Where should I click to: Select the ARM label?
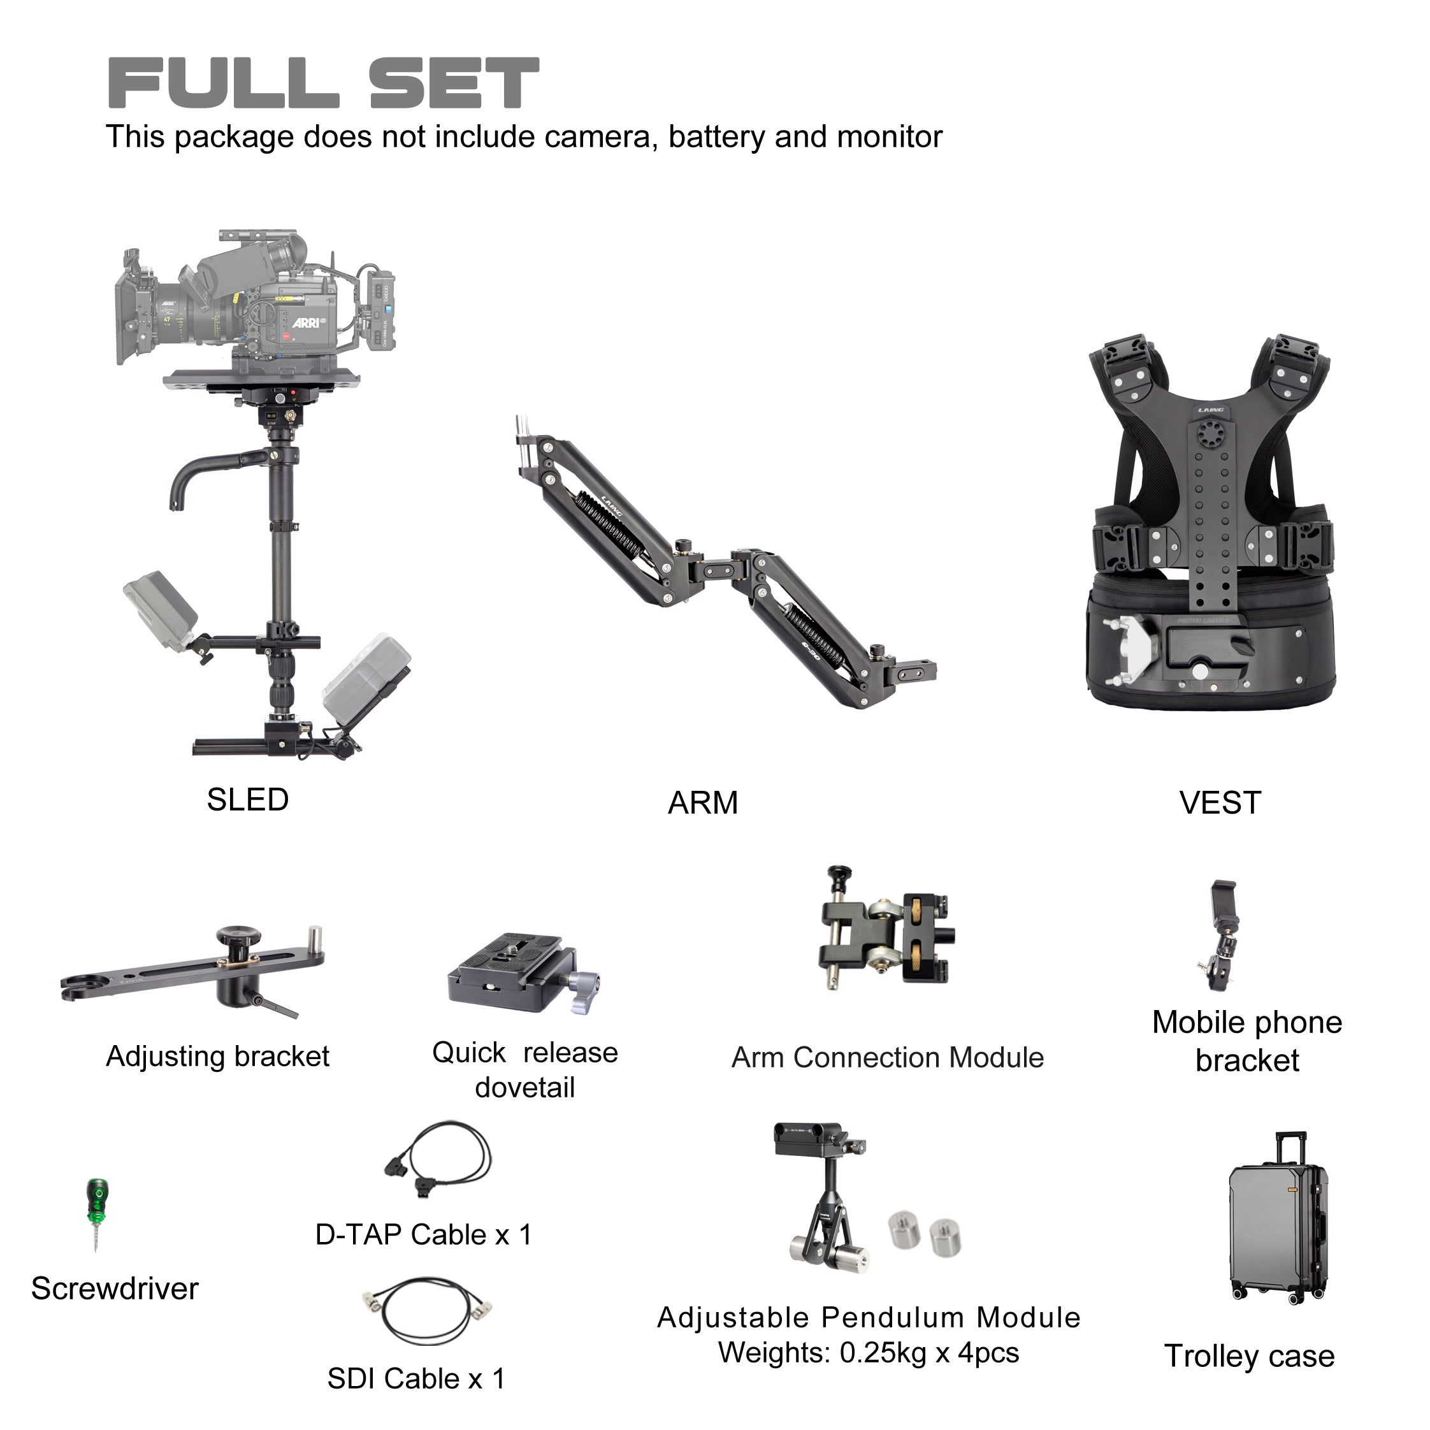[x=703, y=803]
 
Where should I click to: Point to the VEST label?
[x=1220, y=803]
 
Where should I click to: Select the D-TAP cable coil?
[x=437, y=1160]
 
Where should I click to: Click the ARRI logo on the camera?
[x=307, y=322]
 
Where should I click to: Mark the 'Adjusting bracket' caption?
[x=217, y=1056]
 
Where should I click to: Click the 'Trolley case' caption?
[x=1250, y=1357]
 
